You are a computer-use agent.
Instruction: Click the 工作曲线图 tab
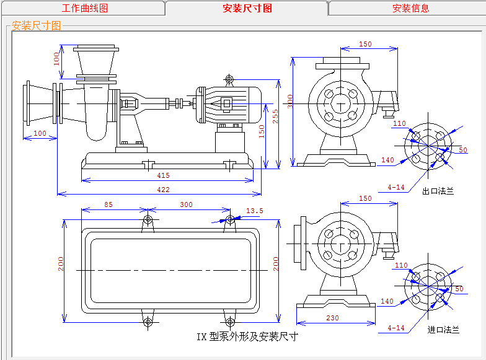tap(85, 8)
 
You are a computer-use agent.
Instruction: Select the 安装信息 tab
tap(410, 8)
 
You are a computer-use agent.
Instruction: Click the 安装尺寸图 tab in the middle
tap(247, 8)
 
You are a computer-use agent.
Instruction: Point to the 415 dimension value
tap(163, 176)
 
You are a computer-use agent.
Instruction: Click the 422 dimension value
tap(163, 190)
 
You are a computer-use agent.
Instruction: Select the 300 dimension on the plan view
tap(186, 204)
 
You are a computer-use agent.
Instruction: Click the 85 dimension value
tap(108, 204)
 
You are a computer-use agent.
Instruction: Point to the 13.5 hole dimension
tap(255, 211)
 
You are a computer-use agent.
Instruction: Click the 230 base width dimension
tap(332, 317)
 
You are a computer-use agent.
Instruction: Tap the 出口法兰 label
tap(438, 191)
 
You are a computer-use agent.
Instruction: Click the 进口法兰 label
tap(443, 330)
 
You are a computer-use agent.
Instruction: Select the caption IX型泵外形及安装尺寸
tap(247, 337)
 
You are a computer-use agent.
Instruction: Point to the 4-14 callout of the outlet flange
tap(395, 187)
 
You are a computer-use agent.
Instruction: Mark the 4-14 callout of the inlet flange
tap(395, 327)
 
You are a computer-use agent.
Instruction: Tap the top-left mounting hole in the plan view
tap(148, 220)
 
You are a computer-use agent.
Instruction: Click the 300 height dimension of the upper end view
tap(289, 100)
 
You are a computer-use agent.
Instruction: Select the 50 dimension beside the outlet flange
tap(463, 151)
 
